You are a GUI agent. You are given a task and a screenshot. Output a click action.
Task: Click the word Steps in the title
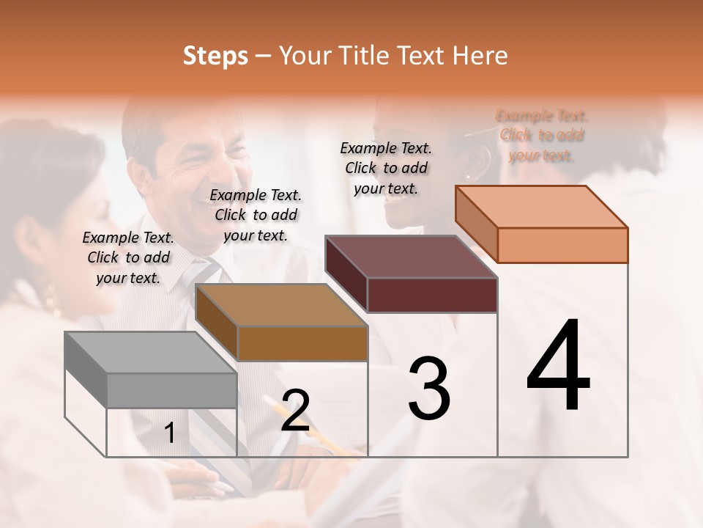[215, 56]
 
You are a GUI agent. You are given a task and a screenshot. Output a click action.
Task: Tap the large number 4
[558, 367]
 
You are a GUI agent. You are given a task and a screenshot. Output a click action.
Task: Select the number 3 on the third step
[429, 389]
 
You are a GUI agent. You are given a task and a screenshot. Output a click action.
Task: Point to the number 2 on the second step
[295, 411]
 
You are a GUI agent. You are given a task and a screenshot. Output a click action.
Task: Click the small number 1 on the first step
[169, 433]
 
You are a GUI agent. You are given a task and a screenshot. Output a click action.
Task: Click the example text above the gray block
[128, 257]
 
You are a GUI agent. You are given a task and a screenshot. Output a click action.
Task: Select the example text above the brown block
[256, 215]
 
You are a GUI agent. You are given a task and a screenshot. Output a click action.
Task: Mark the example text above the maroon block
[386, 168]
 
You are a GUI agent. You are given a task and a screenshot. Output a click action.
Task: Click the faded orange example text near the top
[542, 136]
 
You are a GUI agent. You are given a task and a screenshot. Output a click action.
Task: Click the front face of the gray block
[171, 390]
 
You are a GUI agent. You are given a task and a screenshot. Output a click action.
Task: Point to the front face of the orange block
[562, 245]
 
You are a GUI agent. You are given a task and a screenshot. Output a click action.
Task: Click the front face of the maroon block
[432, 295]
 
